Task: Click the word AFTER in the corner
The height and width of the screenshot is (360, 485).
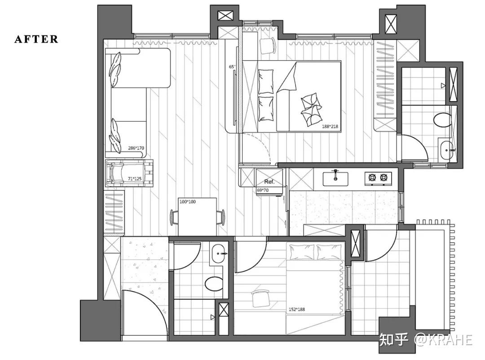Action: tap(36, 39)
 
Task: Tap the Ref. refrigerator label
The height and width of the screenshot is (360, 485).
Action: tap(269, 182)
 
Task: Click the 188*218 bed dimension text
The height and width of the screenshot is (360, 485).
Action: tap(330, 126)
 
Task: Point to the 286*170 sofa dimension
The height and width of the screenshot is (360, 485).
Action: tap(136, 148)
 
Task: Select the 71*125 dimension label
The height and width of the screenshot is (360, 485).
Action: tap(134, 179)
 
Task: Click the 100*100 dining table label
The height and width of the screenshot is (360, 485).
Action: tap(187, 202)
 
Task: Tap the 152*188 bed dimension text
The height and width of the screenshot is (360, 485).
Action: tap(297, 309)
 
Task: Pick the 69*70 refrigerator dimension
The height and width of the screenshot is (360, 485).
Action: tap(263, 190)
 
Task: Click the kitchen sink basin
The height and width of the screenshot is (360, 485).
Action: tap(335, 179)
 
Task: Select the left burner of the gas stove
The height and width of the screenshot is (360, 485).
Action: tap(372, 177)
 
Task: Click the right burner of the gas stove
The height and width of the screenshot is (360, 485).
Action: tap(384, 177)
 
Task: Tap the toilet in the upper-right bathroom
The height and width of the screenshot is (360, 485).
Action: tap(442, 120)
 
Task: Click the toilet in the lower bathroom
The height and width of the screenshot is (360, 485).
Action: tap(214, 284)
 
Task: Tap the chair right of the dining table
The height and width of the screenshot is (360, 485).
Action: tap(221, 217)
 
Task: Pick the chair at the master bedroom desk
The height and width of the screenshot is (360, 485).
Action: tap(268, 45)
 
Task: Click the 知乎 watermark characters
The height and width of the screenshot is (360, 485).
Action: tap(394, 339)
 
